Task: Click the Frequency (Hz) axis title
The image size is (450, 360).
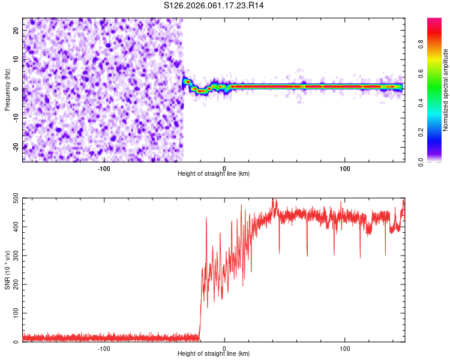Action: (x=7, y=90)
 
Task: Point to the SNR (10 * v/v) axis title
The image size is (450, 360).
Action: (x=7, y=269)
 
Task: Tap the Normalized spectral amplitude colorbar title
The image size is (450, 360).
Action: (x=446, y=90)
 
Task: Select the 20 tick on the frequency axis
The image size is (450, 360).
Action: (x=16, y=31)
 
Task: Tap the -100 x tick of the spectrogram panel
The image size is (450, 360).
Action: (x=104, y=168)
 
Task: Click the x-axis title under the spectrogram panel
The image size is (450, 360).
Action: (x=214, y=175)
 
